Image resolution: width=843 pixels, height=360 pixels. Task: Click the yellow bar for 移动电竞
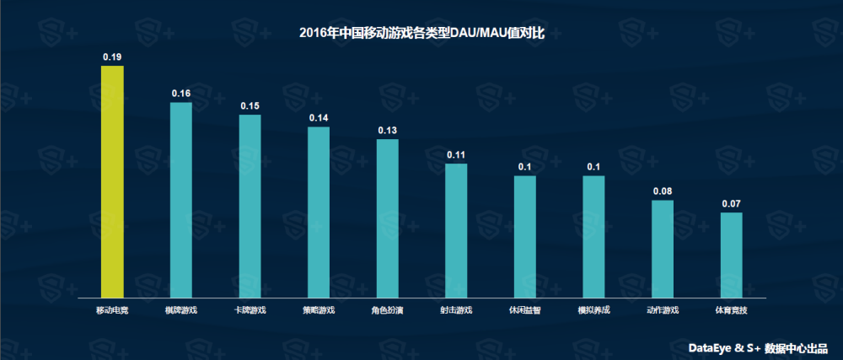point(112,181)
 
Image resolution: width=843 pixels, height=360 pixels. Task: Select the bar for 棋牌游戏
point(181,200)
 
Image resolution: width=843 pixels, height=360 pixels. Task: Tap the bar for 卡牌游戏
point(250,206)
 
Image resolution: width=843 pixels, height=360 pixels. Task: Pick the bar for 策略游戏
point(319,212)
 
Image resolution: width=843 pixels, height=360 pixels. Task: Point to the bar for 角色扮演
point(387,218)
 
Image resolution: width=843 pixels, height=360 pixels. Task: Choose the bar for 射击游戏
point(456,230)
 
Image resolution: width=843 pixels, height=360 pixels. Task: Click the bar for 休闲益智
point(524,236)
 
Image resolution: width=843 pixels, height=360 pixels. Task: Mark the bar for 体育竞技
point(731,255)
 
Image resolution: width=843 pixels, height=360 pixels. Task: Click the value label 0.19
point(112,57)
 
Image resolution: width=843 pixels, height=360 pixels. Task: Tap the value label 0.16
point(181,94)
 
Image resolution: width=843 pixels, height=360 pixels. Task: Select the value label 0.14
point(319,118)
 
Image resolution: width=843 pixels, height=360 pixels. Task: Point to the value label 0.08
point(663,191)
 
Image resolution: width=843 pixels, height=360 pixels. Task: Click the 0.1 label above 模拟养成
point(593,167)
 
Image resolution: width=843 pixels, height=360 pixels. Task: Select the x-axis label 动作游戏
point(663,310)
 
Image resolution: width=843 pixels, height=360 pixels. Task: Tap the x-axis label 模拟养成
point(593,310)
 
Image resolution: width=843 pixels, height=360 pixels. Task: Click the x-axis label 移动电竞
point(112,310)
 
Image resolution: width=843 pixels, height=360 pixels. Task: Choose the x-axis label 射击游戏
point(456,310)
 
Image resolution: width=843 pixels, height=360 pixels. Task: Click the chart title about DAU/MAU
point(422,33)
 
